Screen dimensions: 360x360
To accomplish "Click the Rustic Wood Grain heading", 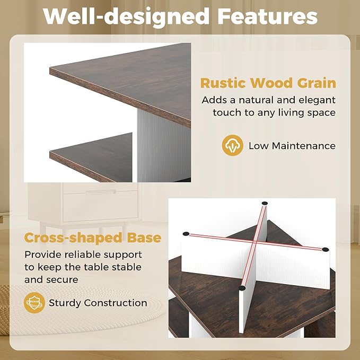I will click(268, 83).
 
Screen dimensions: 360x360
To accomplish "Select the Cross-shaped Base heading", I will click(93, 238).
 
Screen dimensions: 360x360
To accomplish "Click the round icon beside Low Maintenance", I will click(232, 145).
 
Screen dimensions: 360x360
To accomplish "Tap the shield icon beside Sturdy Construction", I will click(34, 303).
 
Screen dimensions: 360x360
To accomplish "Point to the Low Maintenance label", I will click(292, 146).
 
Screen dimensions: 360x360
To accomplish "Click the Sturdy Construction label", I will click(98, 303).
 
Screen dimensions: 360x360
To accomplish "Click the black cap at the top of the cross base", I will click(264, 203).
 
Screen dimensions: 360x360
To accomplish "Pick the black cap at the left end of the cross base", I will click(186, 233).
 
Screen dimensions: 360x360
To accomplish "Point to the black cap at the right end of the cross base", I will click(325, 249).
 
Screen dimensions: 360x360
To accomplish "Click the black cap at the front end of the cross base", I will click(242, 288).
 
